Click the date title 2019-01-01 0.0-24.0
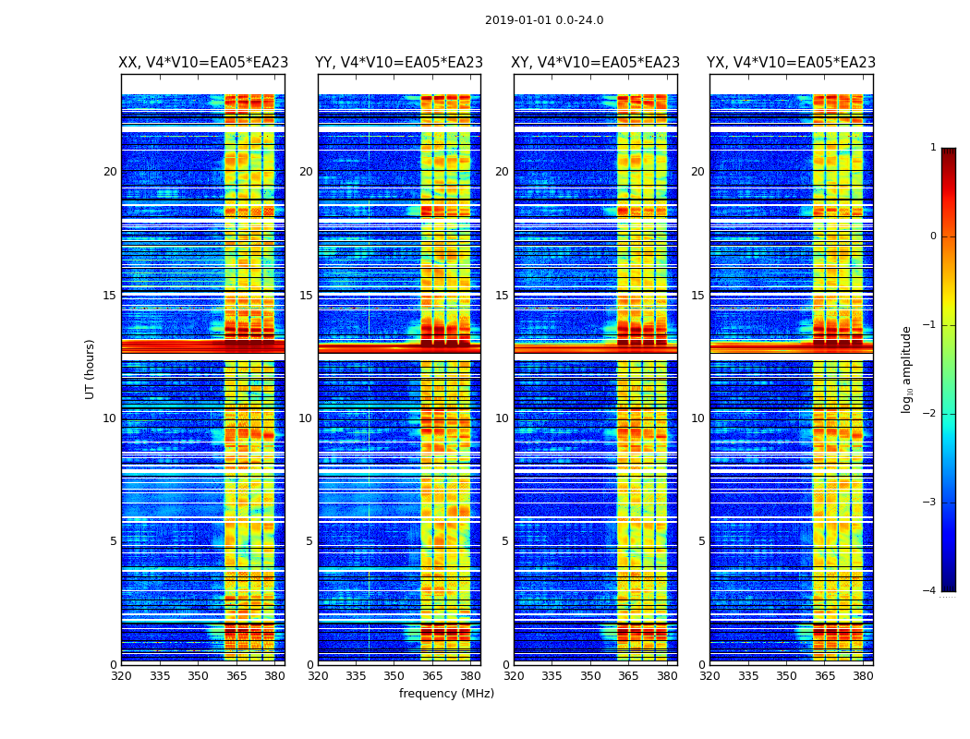tap(544, 20)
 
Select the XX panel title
tap(203, 63)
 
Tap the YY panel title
tap(399, 63)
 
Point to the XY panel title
tap(596, 63)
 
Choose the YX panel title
tap(792, 63)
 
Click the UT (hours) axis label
tap(91, 369)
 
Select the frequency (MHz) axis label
tap(446, 694)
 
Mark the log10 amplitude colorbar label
tap(907, 369)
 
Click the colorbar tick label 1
tap(932, 148)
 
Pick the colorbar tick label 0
tap(932, 236)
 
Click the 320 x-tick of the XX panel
tap(121, 676)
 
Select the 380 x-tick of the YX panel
tap(863, 676)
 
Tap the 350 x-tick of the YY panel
tap(394, 676)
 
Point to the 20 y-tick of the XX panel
tap(110, 172)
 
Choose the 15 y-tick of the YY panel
tap(305, 296)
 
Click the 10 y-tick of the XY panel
tap(502, 418)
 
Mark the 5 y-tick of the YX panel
tap(701, 541)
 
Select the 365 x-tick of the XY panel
tap(628, 676)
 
